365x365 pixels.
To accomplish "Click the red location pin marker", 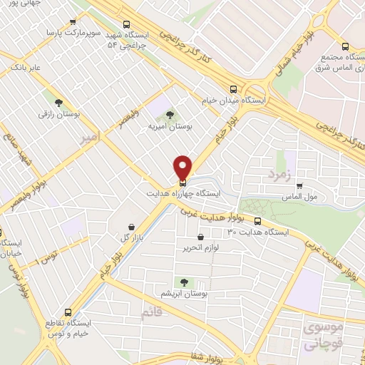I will tap(183, 167).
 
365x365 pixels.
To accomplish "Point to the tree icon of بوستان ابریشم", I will tap(186, 282).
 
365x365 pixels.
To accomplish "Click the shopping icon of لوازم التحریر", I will tap(200, 237).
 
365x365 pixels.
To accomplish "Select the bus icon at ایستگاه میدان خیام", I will tap(234, 90).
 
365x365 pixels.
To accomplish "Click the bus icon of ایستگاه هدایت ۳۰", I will tap(257, 222).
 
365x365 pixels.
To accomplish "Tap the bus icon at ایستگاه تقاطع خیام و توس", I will tap(68, 312).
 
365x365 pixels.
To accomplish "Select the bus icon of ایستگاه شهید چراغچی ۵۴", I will tap(126, 23).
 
